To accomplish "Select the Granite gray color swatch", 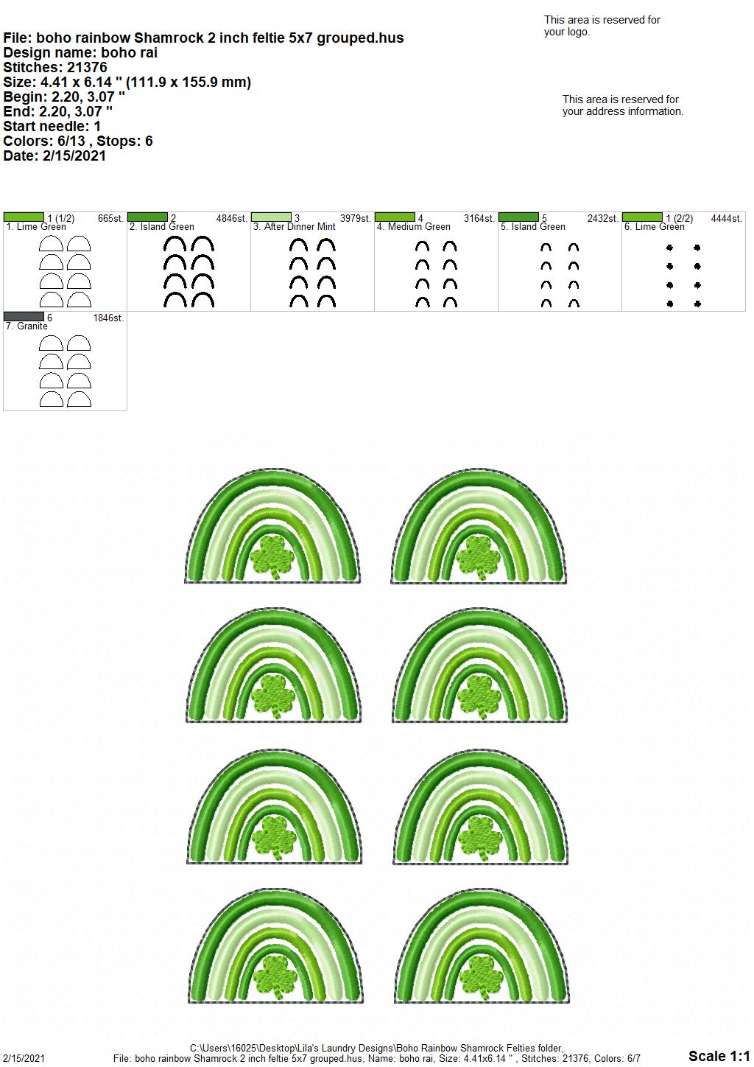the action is pyautogui.click(x=24, y=316).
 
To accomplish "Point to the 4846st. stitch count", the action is pyautogui.click(x=232, y=218).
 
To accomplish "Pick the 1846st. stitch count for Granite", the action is pyautogui.click(x=108, y=318).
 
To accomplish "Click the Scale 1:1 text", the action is pyautogui.click(x=719, y=1055).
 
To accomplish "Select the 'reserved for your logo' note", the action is pyautogui.click(x=602, y=26).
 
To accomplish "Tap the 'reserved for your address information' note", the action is pyautogui.click(x=623, y=105).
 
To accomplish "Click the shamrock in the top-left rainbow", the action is pyautogui.click(x=272, y=556).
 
